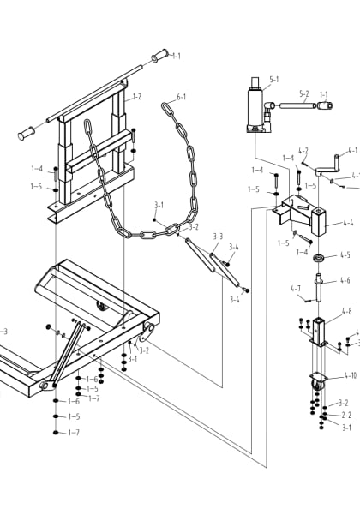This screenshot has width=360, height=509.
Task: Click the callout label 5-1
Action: pos(274,80)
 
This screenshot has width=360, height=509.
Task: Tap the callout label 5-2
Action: pos(304,94)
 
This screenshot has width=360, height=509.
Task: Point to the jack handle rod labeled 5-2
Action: pos(297,105)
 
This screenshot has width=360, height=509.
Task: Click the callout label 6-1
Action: pos(181,98)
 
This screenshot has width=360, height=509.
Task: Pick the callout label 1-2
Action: pos(136,97)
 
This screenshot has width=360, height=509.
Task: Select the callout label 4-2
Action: pos(303,151)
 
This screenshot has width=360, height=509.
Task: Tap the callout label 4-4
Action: pos(348,221)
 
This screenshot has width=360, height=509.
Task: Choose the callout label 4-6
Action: pos(345,280)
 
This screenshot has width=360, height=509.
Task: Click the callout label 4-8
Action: pos(346,312)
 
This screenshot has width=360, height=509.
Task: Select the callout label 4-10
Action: pos(350,375)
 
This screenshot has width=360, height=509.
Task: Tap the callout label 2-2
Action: pos(345,415)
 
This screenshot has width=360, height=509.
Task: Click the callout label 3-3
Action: pos(218,236)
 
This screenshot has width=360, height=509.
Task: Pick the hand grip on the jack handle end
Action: pos(325,105)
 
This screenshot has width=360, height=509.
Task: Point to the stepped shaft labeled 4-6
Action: pos(319,286)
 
